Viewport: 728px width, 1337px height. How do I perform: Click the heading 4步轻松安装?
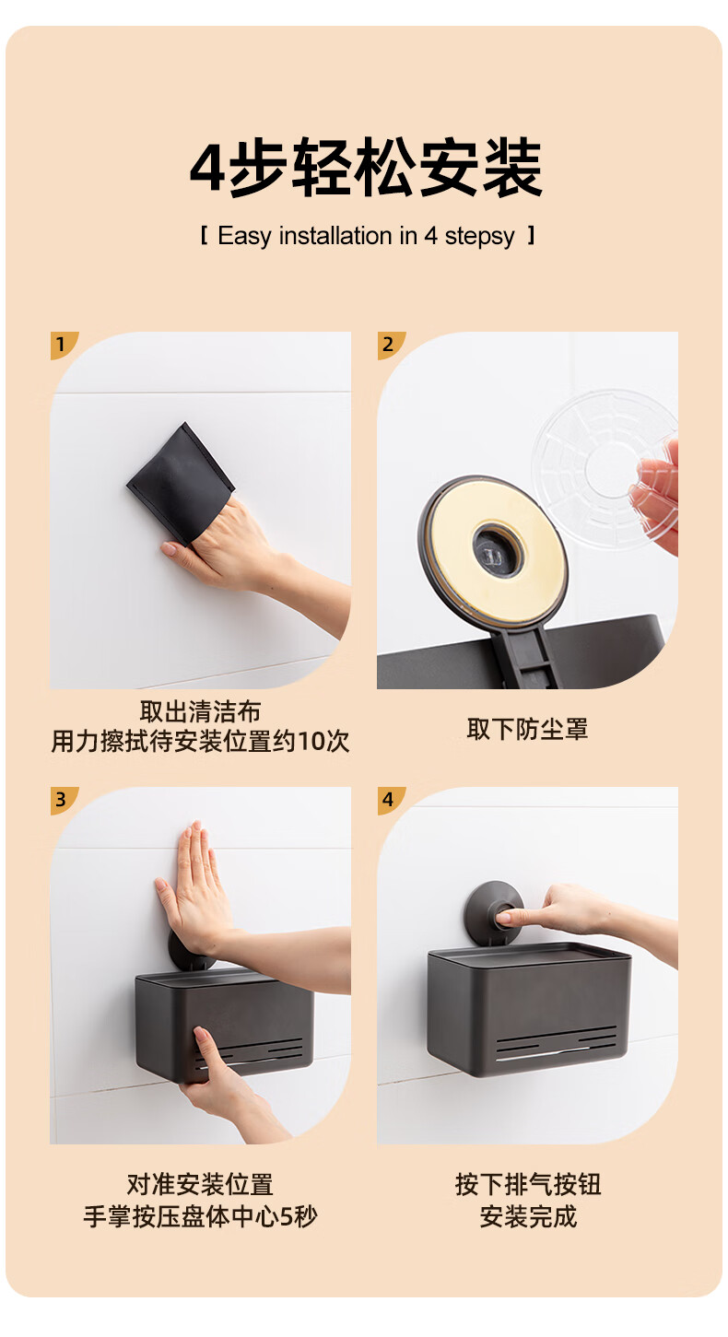tap(366, 167)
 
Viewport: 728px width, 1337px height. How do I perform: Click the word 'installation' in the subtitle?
tap(335, 236)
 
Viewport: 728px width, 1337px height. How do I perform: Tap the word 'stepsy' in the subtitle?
tap(480, 237)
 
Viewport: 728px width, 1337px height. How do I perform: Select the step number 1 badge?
tap(64, 345)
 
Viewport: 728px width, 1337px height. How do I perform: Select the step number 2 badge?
tap(390, 345)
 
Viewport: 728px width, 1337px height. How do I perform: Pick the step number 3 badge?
tap(64, 800)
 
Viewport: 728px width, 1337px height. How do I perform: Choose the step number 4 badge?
tap(390, 800)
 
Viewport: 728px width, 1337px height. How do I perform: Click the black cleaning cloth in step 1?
tap(181, 483)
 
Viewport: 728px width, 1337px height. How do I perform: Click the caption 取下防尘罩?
tap(527, 729)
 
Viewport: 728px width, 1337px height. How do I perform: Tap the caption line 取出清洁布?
tap(201, 711)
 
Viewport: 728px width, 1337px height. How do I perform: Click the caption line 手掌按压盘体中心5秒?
tap(201, 1216)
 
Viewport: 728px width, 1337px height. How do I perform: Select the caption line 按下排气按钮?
tap(528, 1185)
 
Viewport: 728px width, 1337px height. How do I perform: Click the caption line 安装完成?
tap(528, 1216)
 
